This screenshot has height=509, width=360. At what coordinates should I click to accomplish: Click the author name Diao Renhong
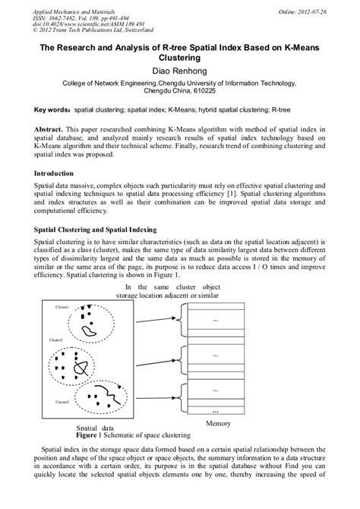[x=179, y=71]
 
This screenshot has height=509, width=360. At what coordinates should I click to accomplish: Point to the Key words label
[x=53, y=109]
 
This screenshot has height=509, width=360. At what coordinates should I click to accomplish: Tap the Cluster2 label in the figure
[x=55, y=341]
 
